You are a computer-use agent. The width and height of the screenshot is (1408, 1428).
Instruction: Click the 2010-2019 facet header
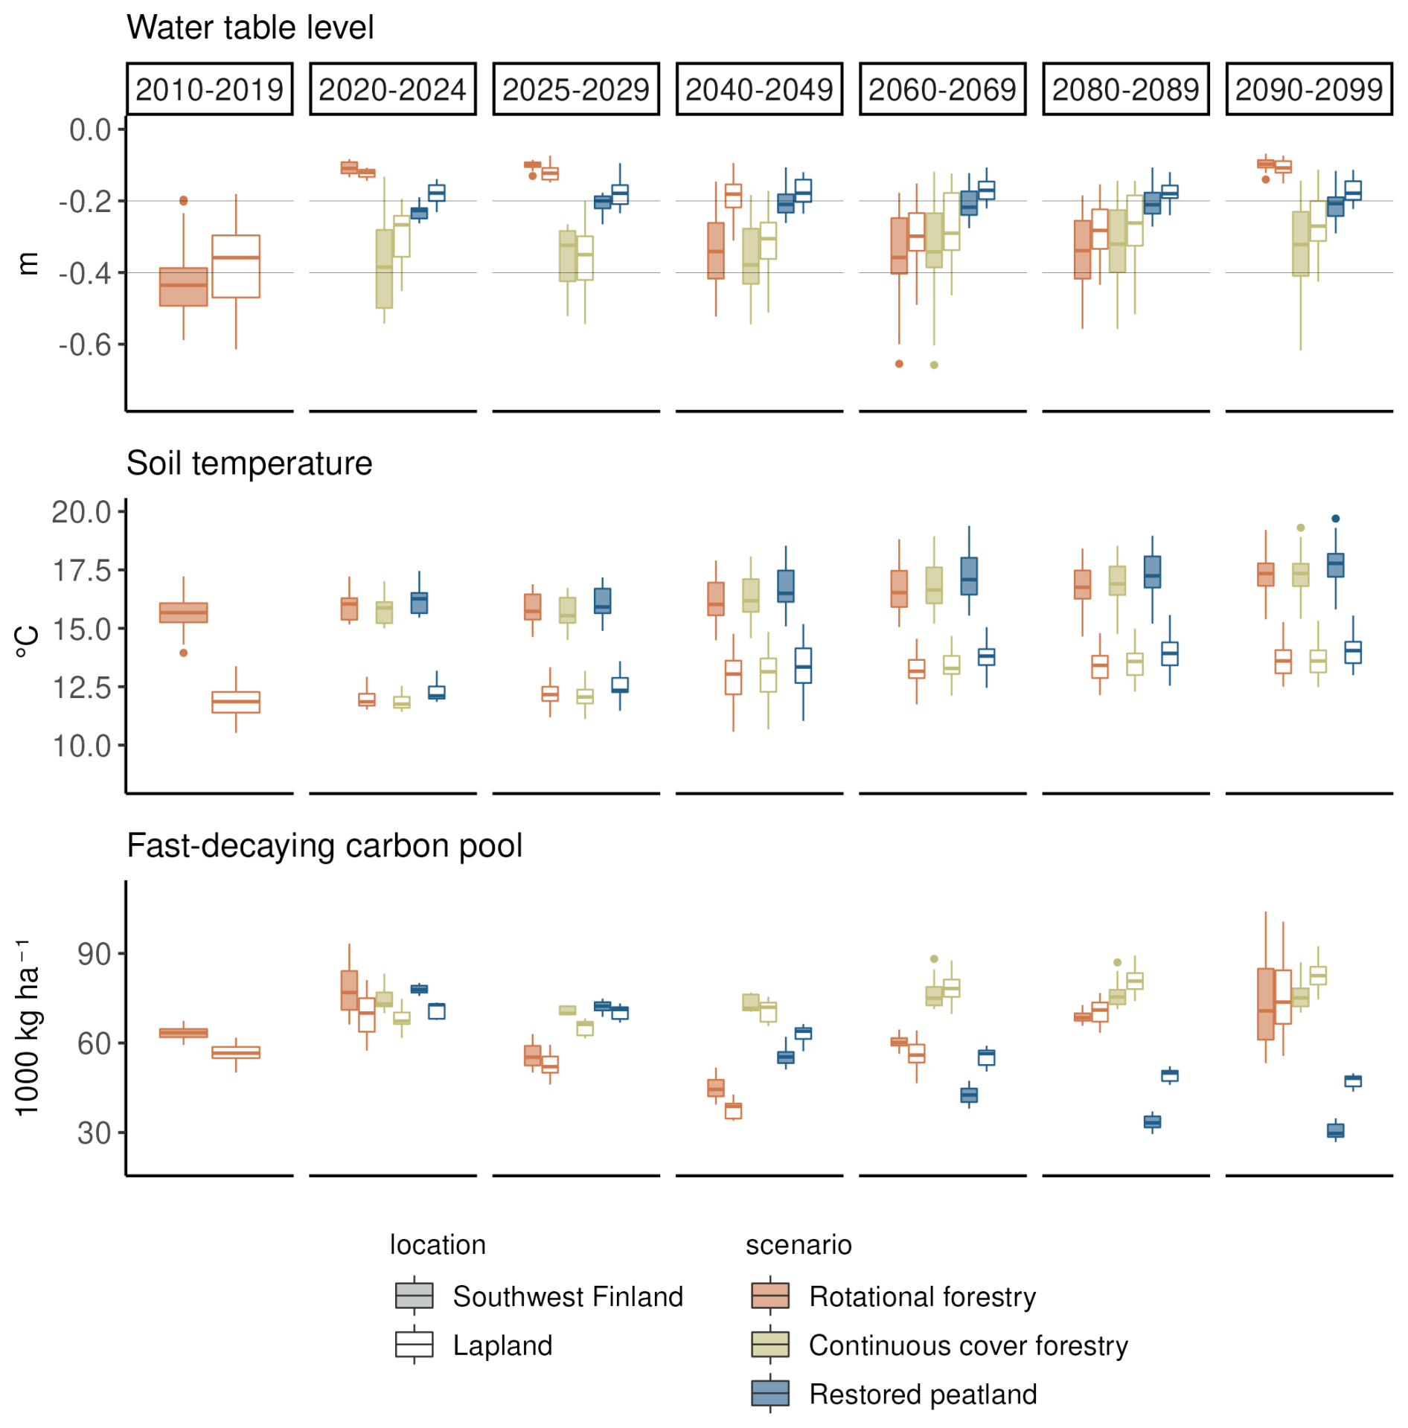coord(209,89)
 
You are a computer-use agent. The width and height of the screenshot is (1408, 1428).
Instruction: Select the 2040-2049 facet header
coord(758,89)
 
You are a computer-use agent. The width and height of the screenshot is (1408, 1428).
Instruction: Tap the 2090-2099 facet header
coord(1308,89)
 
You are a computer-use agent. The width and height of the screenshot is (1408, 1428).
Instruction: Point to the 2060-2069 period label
coord(941,89)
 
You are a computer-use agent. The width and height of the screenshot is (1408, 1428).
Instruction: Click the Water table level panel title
coord(249,28)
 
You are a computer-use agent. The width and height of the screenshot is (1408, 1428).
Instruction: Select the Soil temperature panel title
coord(249,463)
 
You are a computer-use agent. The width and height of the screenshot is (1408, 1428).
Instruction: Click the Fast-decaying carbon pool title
coord(324,845)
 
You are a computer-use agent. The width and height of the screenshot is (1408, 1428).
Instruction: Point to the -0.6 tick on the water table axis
coord(84,345)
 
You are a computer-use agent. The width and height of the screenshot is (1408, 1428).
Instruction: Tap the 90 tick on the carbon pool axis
coord(94,954)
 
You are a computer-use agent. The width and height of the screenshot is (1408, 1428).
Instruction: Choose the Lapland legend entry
coord(502,1345)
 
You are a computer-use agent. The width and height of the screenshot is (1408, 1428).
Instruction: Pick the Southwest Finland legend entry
coord(567,1296)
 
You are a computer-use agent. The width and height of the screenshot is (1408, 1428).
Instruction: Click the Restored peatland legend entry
coord(922,1395)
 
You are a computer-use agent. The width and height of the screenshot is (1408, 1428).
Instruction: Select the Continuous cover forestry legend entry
coord(967,1345)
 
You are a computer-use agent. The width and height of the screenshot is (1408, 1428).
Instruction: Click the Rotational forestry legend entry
coord(921,1296)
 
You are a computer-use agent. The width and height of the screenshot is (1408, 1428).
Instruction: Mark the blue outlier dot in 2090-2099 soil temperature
coord(1335,519)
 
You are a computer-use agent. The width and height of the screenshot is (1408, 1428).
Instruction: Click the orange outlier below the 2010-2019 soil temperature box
coord(184,653)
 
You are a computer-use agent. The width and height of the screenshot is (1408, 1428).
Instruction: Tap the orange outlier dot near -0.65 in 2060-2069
coord(899,364)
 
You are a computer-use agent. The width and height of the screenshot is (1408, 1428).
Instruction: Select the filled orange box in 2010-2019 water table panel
coord(184,286)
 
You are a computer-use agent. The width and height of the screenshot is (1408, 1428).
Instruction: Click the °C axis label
coord(28,641)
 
